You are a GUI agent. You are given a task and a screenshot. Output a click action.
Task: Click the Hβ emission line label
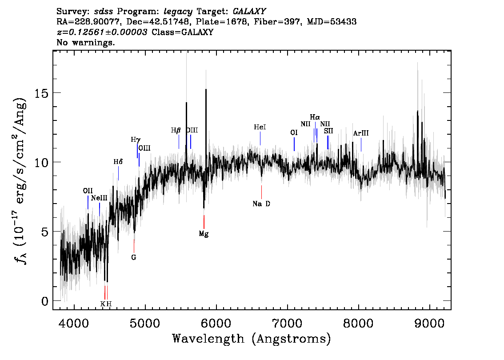coord(176,131)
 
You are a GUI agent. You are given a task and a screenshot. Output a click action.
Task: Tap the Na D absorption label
coord(261,204)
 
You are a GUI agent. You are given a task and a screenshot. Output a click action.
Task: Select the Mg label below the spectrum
coord(204,233)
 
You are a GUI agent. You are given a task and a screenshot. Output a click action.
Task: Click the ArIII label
coord(361,133)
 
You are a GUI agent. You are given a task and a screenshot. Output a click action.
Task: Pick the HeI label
coord(260,128)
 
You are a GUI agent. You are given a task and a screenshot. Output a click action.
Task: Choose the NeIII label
coord(99,198)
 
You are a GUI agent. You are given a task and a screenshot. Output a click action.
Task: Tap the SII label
coord(328,131)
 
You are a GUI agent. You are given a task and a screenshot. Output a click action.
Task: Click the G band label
coord(133,257)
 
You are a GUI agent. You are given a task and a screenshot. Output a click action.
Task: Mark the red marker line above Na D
coord(261,192)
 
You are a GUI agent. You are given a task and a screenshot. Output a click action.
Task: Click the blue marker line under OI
coord(294,144)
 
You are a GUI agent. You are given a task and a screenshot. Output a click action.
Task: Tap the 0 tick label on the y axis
coord(44,301)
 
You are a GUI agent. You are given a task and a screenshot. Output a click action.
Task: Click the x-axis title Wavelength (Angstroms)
coord(252,339)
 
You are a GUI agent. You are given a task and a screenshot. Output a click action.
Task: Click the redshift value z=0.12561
coord(102,32)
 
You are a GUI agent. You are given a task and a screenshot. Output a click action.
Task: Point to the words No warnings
coord(86,43)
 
